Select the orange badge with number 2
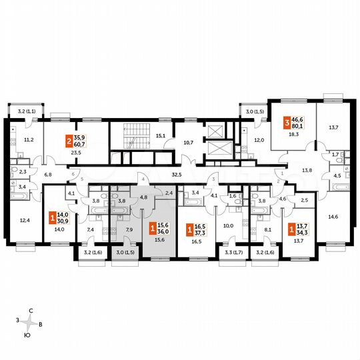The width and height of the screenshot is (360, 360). pos(68,141)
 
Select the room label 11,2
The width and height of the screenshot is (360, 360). pos(29,140)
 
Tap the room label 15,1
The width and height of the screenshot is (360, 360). pos(160,136)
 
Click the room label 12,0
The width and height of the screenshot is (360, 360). pos(259,140)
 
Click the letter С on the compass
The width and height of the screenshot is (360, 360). pos(31,312)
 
